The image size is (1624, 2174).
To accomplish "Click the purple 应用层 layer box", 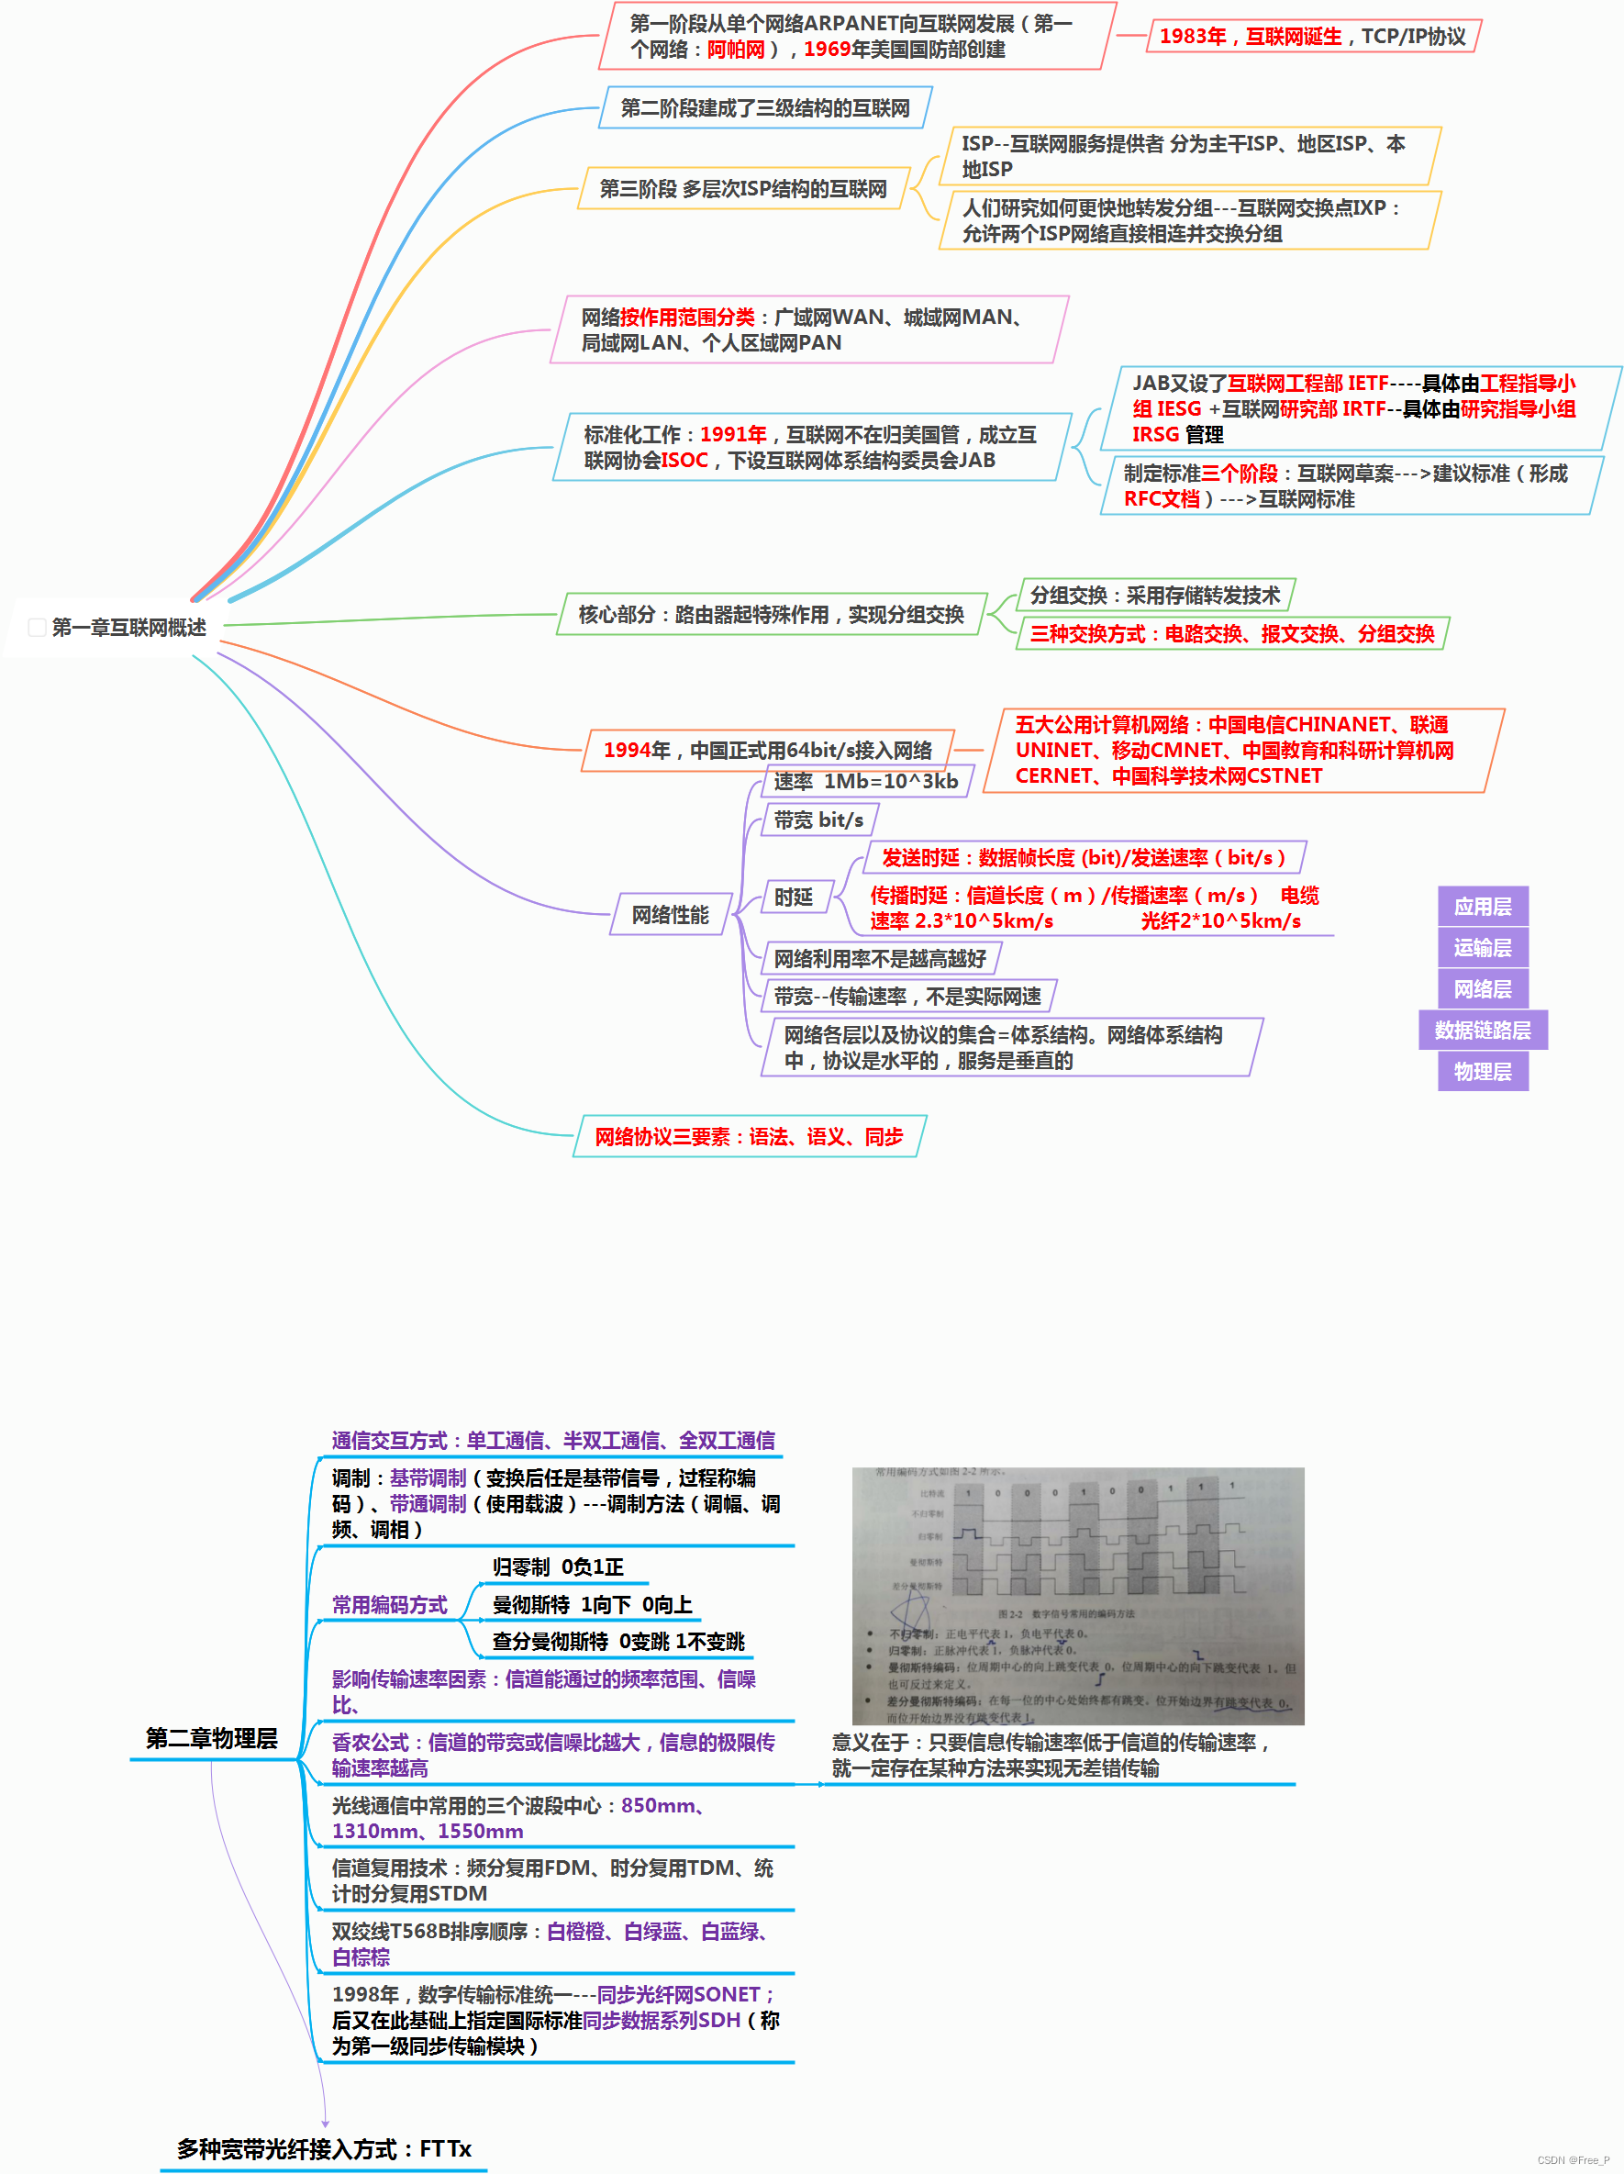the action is (1482, 906).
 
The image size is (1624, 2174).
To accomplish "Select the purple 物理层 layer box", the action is (1482, 1071).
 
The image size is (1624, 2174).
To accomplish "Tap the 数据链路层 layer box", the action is (1482, 1030).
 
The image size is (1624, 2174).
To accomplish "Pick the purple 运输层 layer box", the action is (1482, 947).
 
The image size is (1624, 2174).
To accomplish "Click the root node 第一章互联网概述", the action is (128, 627).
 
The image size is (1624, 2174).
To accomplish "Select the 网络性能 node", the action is (670, 915).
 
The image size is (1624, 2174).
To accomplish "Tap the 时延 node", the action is (793, 897).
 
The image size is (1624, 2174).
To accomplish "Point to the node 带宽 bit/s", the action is (818, 820).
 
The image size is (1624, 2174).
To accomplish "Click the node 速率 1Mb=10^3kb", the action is (864, 781).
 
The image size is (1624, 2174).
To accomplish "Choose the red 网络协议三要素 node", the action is (749, 1137).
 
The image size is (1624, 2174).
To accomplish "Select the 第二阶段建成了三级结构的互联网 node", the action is (764, 108).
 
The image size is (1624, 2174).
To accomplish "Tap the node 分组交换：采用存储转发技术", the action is (1154, 596).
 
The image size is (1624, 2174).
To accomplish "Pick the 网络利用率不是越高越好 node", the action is (879, 958).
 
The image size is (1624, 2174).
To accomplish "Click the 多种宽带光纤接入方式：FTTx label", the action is (324, 2149).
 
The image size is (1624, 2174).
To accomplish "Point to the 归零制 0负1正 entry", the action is (558, 1566).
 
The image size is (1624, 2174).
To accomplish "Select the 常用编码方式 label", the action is (389, 1605).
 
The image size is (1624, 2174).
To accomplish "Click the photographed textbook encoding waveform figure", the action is (1078, 1595).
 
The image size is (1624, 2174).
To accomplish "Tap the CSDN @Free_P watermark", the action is (1573, 2160).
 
